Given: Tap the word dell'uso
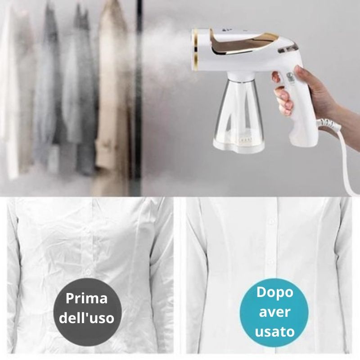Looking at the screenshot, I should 88,319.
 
